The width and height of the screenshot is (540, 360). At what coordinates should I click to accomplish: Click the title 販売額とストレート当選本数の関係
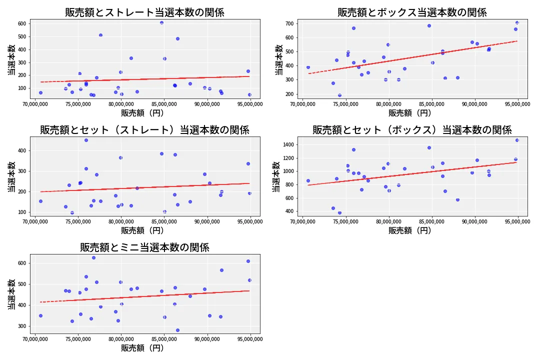pos(144,12)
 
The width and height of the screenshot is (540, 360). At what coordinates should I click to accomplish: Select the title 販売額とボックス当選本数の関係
pos(412,12)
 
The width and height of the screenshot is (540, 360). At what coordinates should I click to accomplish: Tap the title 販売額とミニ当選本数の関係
pos(144,247)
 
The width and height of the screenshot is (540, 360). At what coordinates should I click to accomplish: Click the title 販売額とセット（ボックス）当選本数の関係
pos(412,130)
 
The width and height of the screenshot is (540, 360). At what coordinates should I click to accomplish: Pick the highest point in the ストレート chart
pos(161,22)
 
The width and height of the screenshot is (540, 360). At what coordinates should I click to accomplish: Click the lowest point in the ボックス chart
pos(339,95)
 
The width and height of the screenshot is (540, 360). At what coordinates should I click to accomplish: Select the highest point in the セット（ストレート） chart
pos(86,140)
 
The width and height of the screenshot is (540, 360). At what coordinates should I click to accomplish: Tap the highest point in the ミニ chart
pos(93,257)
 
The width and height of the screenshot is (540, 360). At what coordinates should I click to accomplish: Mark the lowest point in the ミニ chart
pos(177,330)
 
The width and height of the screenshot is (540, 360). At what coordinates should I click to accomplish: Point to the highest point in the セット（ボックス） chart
pos(517,140)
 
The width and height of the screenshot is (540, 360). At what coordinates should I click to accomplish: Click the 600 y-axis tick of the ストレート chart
pos(22,23)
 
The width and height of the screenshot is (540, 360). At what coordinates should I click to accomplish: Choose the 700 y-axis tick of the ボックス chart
pos(289,23)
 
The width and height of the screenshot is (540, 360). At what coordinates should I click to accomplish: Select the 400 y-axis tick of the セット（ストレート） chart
pos(22,150)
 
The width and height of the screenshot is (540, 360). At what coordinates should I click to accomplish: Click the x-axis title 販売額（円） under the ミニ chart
pos(142,348)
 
